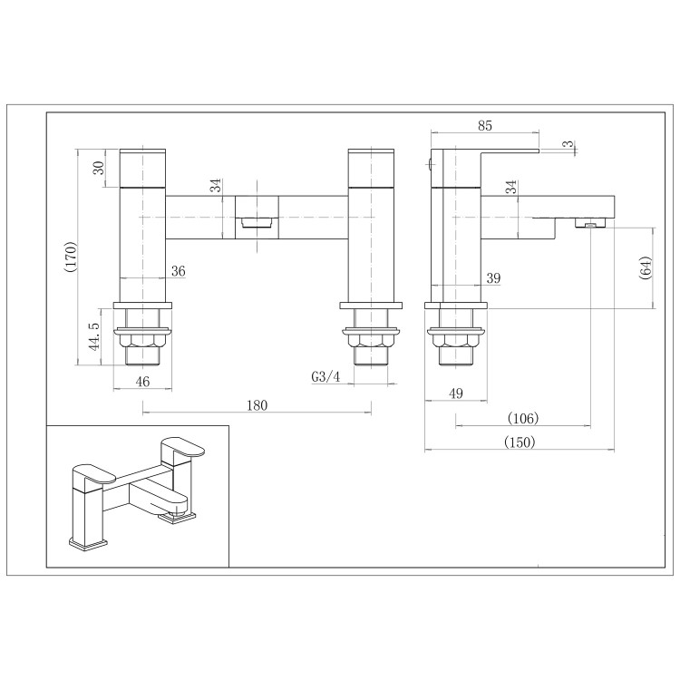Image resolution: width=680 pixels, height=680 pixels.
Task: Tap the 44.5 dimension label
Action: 93,335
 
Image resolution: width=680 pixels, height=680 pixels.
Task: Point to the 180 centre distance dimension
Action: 257,405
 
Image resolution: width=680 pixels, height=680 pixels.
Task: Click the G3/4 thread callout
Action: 324,376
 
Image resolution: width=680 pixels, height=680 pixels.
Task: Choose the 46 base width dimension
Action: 142,382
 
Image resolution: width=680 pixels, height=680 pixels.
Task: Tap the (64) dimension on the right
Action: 646,269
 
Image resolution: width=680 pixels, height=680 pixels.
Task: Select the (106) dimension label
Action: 522,418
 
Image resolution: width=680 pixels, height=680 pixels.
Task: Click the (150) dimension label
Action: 517,442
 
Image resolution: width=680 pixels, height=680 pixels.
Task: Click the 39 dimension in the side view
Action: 493,277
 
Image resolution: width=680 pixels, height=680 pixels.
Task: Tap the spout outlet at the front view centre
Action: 257,220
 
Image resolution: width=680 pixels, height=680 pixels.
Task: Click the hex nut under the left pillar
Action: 142,342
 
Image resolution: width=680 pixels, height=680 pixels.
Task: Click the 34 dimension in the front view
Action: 215,186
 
